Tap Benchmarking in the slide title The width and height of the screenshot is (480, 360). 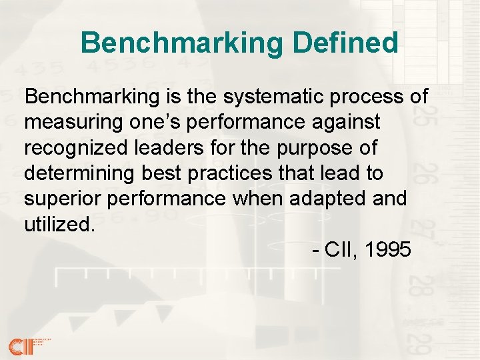pyautogui.click(x=183, y=43)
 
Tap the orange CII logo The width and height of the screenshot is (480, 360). pyautogui.click(x=20, y=345)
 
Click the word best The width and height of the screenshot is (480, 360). pyautogui.click(x=161, y=173)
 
